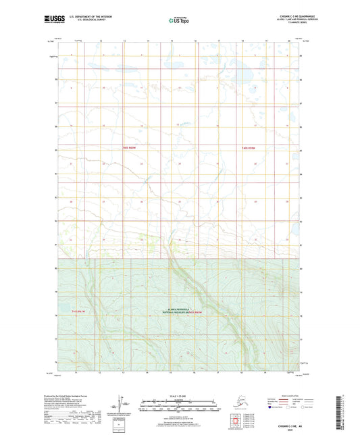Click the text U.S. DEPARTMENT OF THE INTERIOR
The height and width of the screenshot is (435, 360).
click(86, 16)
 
